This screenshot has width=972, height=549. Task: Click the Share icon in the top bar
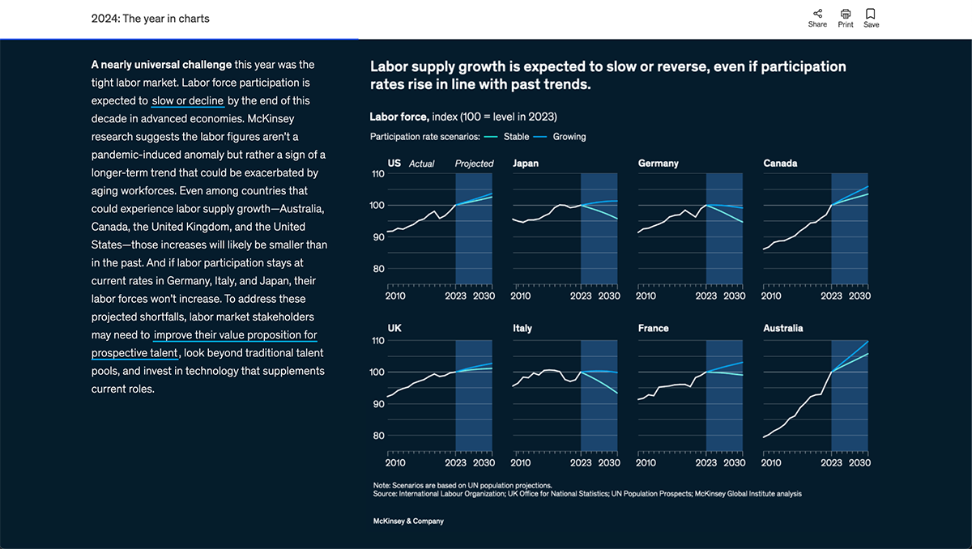click(817, 14)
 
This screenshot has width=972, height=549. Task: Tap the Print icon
click(846, 14)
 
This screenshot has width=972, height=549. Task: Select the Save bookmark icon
click(871, 14)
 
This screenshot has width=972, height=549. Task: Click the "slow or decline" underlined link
click(187, 101)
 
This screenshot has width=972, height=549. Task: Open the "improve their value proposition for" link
click(235, 335)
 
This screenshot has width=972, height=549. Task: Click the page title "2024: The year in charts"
click(150, 19)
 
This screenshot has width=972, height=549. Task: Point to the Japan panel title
click(526, 164)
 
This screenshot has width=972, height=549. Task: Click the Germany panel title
click(658, 164)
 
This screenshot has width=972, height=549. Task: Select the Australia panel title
click(783, 329)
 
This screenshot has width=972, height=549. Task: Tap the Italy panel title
click(522, 329)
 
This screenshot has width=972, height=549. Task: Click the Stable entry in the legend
click(516, 137)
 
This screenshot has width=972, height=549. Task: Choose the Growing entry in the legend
click(569, 137)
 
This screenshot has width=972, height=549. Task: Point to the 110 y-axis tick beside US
click(377, 174)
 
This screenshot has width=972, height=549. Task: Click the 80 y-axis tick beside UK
click(377, 436)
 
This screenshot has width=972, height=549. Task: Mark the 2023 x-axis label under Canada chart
click(832, 296)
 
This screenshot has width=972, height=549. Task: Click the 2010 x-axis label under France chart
click(646, 463)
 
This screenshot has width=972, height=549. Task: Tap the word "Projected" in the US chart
click(474, 164)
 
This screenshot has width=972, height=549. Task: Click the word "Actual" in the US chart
click(421, 164)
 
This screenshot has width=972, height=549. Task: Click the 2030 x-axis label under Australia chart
click(859, 463)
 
